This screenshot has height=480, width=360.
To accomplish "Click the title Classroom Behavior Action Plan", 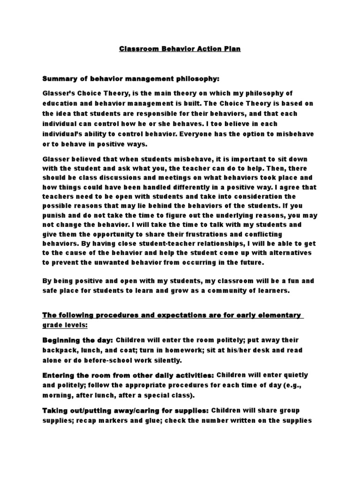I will (x=180, y=48).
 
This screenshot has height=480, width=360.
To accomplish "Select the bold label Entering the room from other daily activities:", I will (x=128, y=375).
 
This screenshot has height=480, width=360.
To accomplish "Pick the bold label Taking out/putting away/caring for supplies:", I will (x=126, y=411).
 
